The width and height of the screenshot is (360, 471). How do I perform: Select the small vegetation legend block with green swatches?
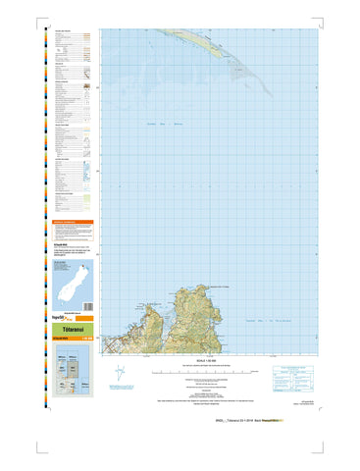click(x=69, y=201)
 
